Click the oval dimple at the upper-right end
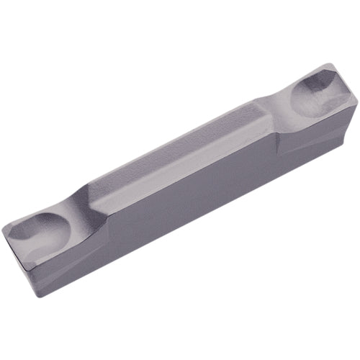point(315,93)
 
